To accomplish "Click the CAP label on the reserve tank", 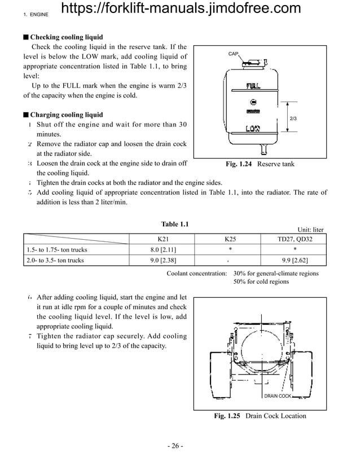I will pos(233,54).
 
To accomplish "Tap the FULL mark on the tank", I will pos(253,87).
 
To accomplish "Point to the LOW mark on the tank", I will pos(252,129).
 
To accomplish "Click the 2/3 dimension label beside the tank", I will pos(293,118).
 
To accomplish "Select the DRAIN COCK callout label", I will pos(278,396).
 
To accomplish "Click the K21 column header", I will pos(163,239).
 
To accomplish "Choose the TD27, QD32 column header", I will pos(294,239).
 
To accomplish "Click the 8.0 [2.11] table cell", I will pos(163,249).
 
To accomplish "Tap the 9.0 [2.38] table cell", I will pos(163,260).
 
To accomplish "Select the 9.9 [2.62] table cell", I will pos(294,260).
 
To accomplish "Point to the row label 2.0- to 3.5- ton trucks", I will pos(55,260).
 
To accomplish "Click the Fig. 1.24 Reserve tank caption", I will pos(260,164).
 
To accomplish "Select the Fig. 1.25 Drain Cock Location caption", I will pos(260,416).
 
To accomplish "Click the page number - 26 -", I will pos(175,446).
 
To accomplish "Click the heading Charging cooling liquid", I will pos(66,115).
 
